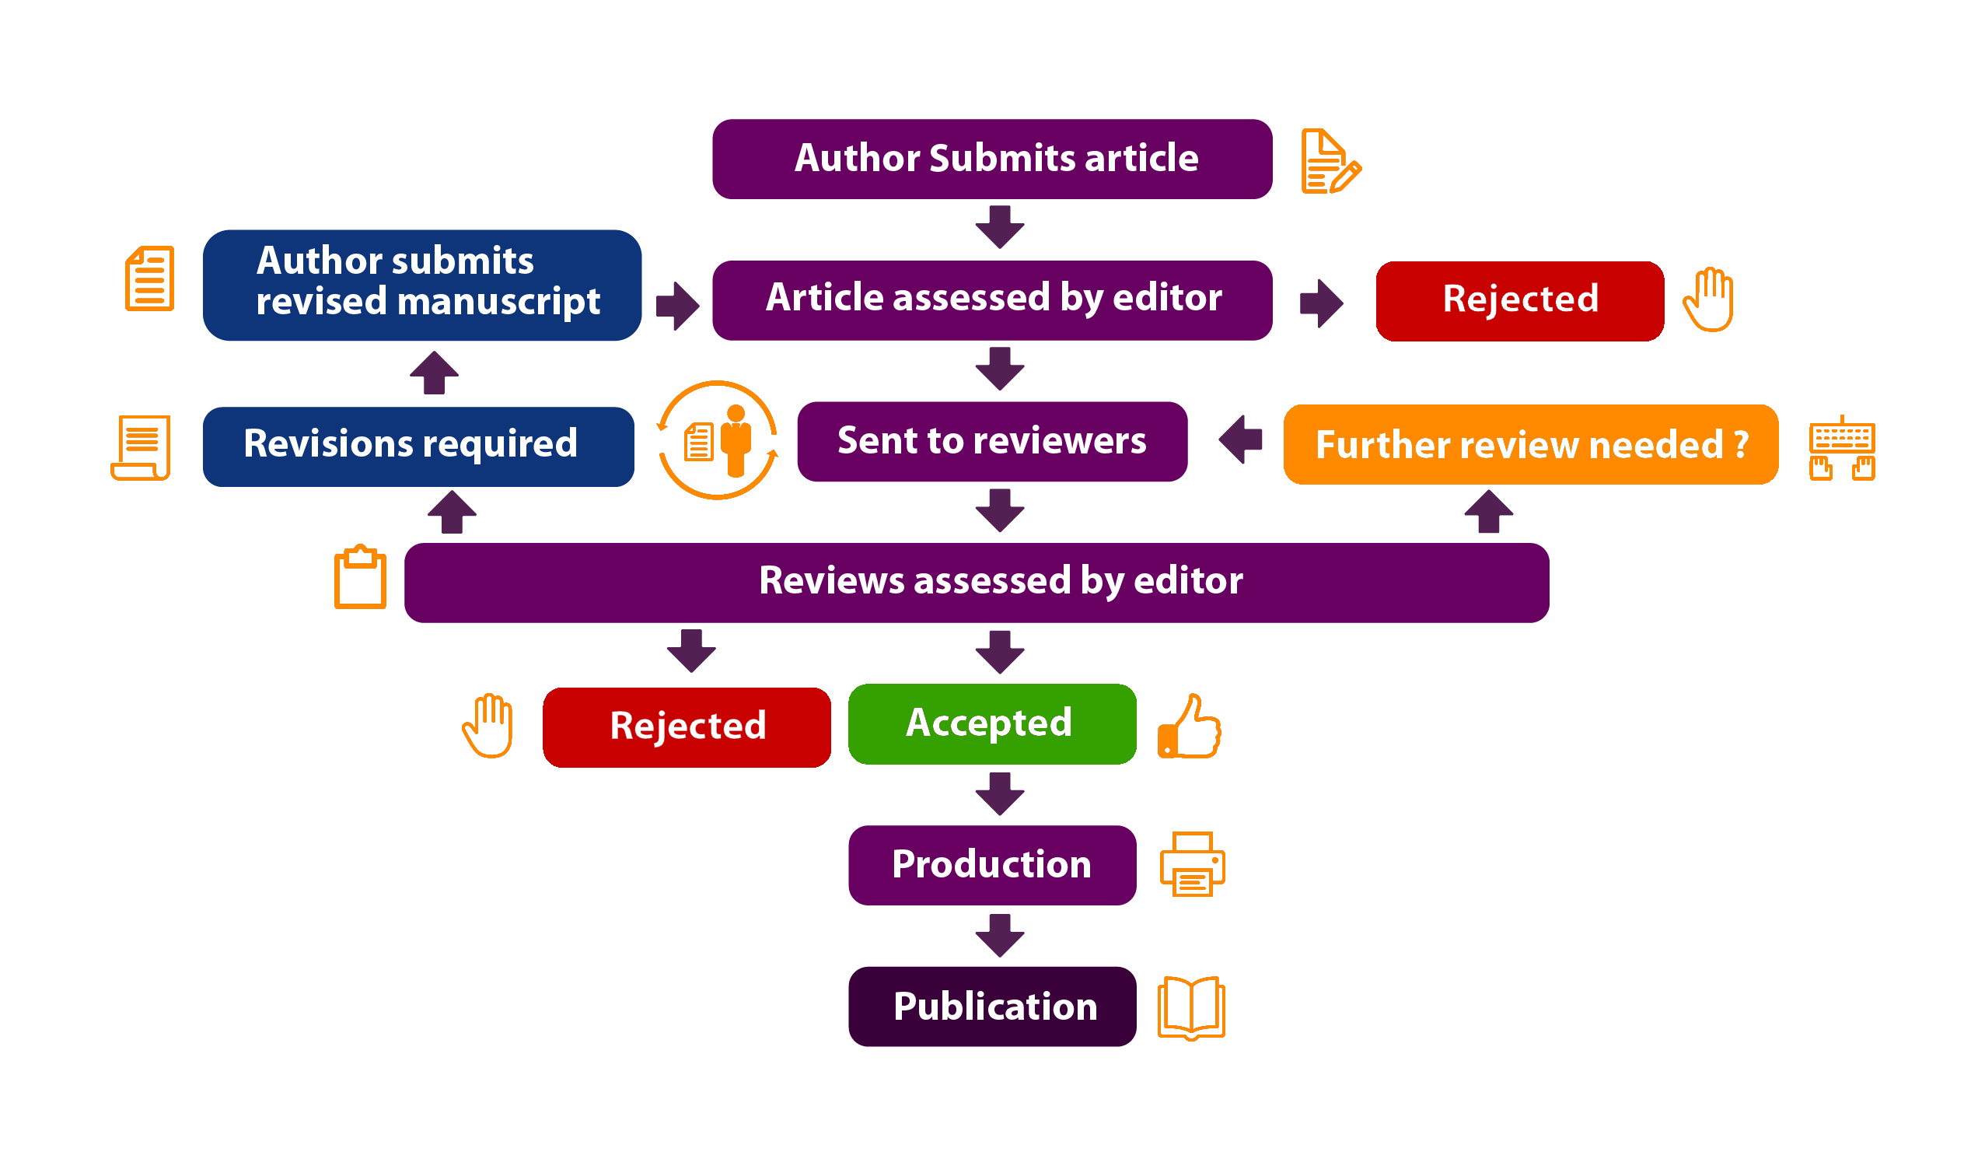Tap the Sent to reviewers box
[991, 441]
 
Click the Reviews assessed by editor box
[976, 582]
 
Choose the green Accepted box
[991, 723]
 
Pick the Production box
[991, 865]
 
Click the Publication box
[991, 1006]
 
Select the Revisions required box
[418, 446]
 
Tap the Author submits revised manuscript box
[422, 285]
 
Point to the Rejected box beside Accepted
[687, 727]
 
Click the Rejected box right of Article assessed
[1519, 300]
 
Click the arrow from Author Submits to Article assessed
[1000, 227]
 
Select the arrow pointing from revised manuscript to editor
[677, 305]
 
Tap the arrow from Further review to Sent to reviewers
[1242, 439]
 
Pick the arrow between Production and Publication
[1000, 935]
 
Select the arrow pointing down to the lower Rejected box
[690, 650]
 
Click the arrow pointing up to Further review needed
[1488, 511]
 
